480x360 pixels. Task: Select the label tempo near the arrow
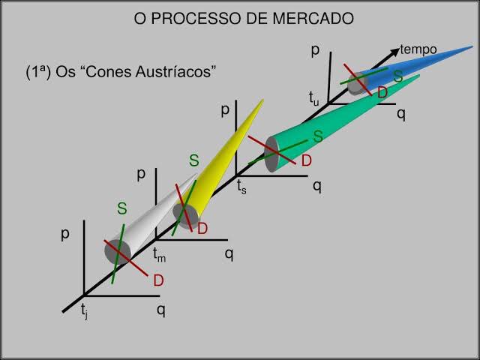click(418, 49)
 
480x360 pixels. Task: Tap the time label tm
click(159, 255)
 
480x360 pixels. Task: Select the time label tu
click(313, 97)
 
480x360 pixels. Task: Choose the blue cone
click(420, 64)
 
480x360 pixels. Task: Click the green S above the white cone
click(121, 209)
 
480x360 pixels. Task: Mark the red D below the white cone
click(158, 280)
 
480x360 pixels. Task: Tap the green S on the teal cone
click(318, 136)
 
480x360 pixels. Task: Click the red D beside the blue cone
click(382, 93)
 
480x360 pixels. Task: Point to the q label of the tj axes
click(160, 308)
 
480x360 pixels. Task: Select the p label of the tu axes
click(315, 50)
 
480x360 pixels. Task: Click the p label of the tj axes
click(66, 233)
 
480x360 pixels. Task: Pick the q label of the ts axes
click(317, 186)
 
